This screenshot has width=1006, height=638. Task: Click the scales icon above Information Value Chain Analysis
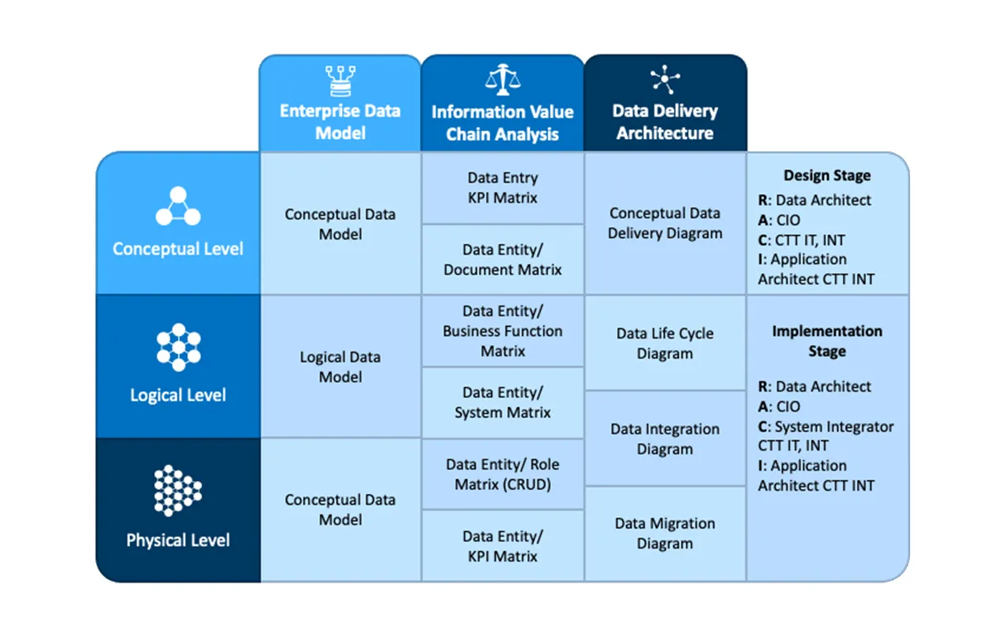click(503, 79)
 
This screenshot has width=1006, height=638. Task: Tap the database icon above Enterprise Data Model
click(340, 81)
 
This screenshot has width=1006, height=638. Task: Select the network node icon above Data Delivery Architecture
click(665, 79)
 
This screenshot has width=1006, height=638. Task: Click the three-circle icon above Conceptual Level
click(178, 206)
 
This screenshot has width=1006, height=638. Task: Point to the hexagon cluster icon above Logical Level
click(178, 347)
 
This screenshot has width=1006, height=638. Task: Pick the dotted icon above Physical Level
click(178, 490)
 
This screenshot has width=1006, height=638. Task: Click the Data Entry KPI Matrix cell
click(503, 188)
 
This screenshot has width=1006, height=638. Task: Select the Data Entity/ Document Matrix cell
click(503, 260)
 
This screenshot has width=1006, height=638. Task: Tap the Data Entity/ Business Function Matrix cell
click(503, 331)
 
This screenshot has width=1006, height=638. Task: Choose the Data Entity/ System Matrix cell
click(503, 402)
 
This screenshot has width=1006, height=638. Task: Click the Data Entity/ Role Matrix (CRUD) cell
click(503, 474)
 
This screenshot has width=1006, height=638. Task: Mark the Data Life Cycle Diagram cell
click(665, 343)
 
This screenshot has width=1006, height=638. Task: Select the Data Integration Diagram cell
click(665, 439)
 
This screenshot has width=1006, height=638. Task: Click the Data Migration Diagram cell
click(665, 534)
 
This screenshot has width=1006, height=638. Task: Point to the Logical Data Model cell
click(340, 367)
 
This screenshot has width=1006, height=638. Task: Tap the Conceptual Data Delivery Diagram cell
click(665, 223)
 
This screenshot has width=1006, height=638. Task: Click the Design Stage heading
click(827, 175)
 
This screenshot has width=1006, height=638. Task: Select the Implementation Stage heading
click(827, 341)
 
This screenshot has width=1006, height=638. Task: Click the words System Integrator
click(835, 426)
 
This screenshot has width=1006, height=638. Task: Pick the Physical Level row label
click(178, 540)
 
